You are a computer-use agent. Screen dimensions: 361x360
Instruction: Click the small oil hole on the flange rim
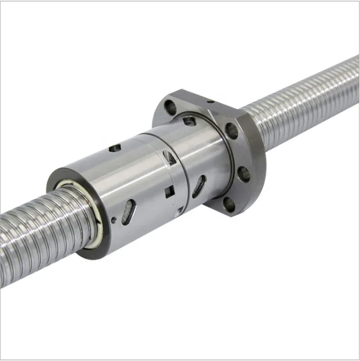click(211, 101)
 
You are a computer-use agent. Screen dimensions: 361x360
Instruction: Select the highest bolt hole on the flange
click(170, 106)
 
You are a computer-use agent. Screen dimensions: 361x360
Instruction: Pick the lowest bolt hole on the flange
click(228, 205)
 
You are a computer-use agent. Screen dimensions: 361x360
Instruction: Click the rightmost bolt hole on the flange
click(244, 174)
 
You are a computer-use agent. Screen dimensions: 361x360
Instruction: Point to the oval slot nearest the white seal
click(128, 211)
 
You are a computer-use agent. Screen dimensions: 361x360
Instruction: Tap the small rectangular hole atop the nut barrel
click(115, 148)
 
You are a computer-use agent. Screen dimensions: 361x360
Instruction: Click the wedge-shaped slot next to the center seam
click(169, 157)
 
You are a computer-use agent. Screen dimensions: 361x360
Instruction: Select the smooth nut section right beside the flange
click(213, 155)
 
